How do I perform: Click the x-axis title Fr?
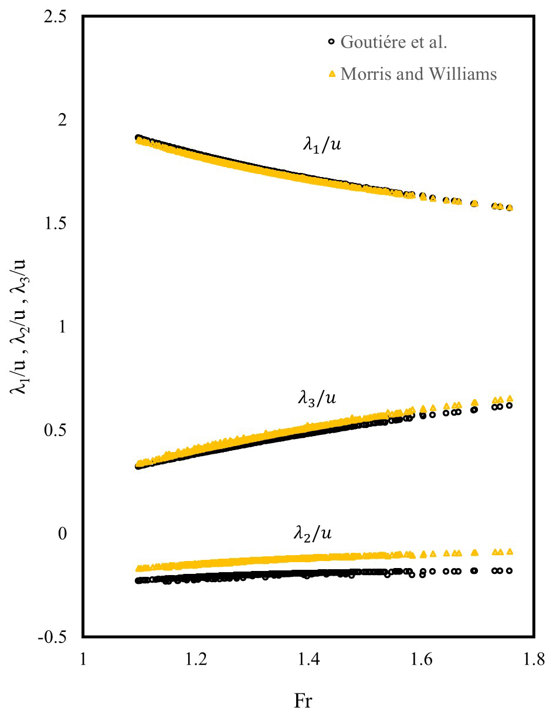coord(303,701)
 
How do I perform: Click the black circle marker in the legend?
coord(332,42)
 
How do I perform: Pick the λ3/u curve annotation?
coord(317,399)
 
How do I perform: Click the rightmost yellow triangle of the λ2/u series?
coord(510,551)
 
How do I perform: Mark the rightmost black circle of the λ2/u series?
coord(510,570)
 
